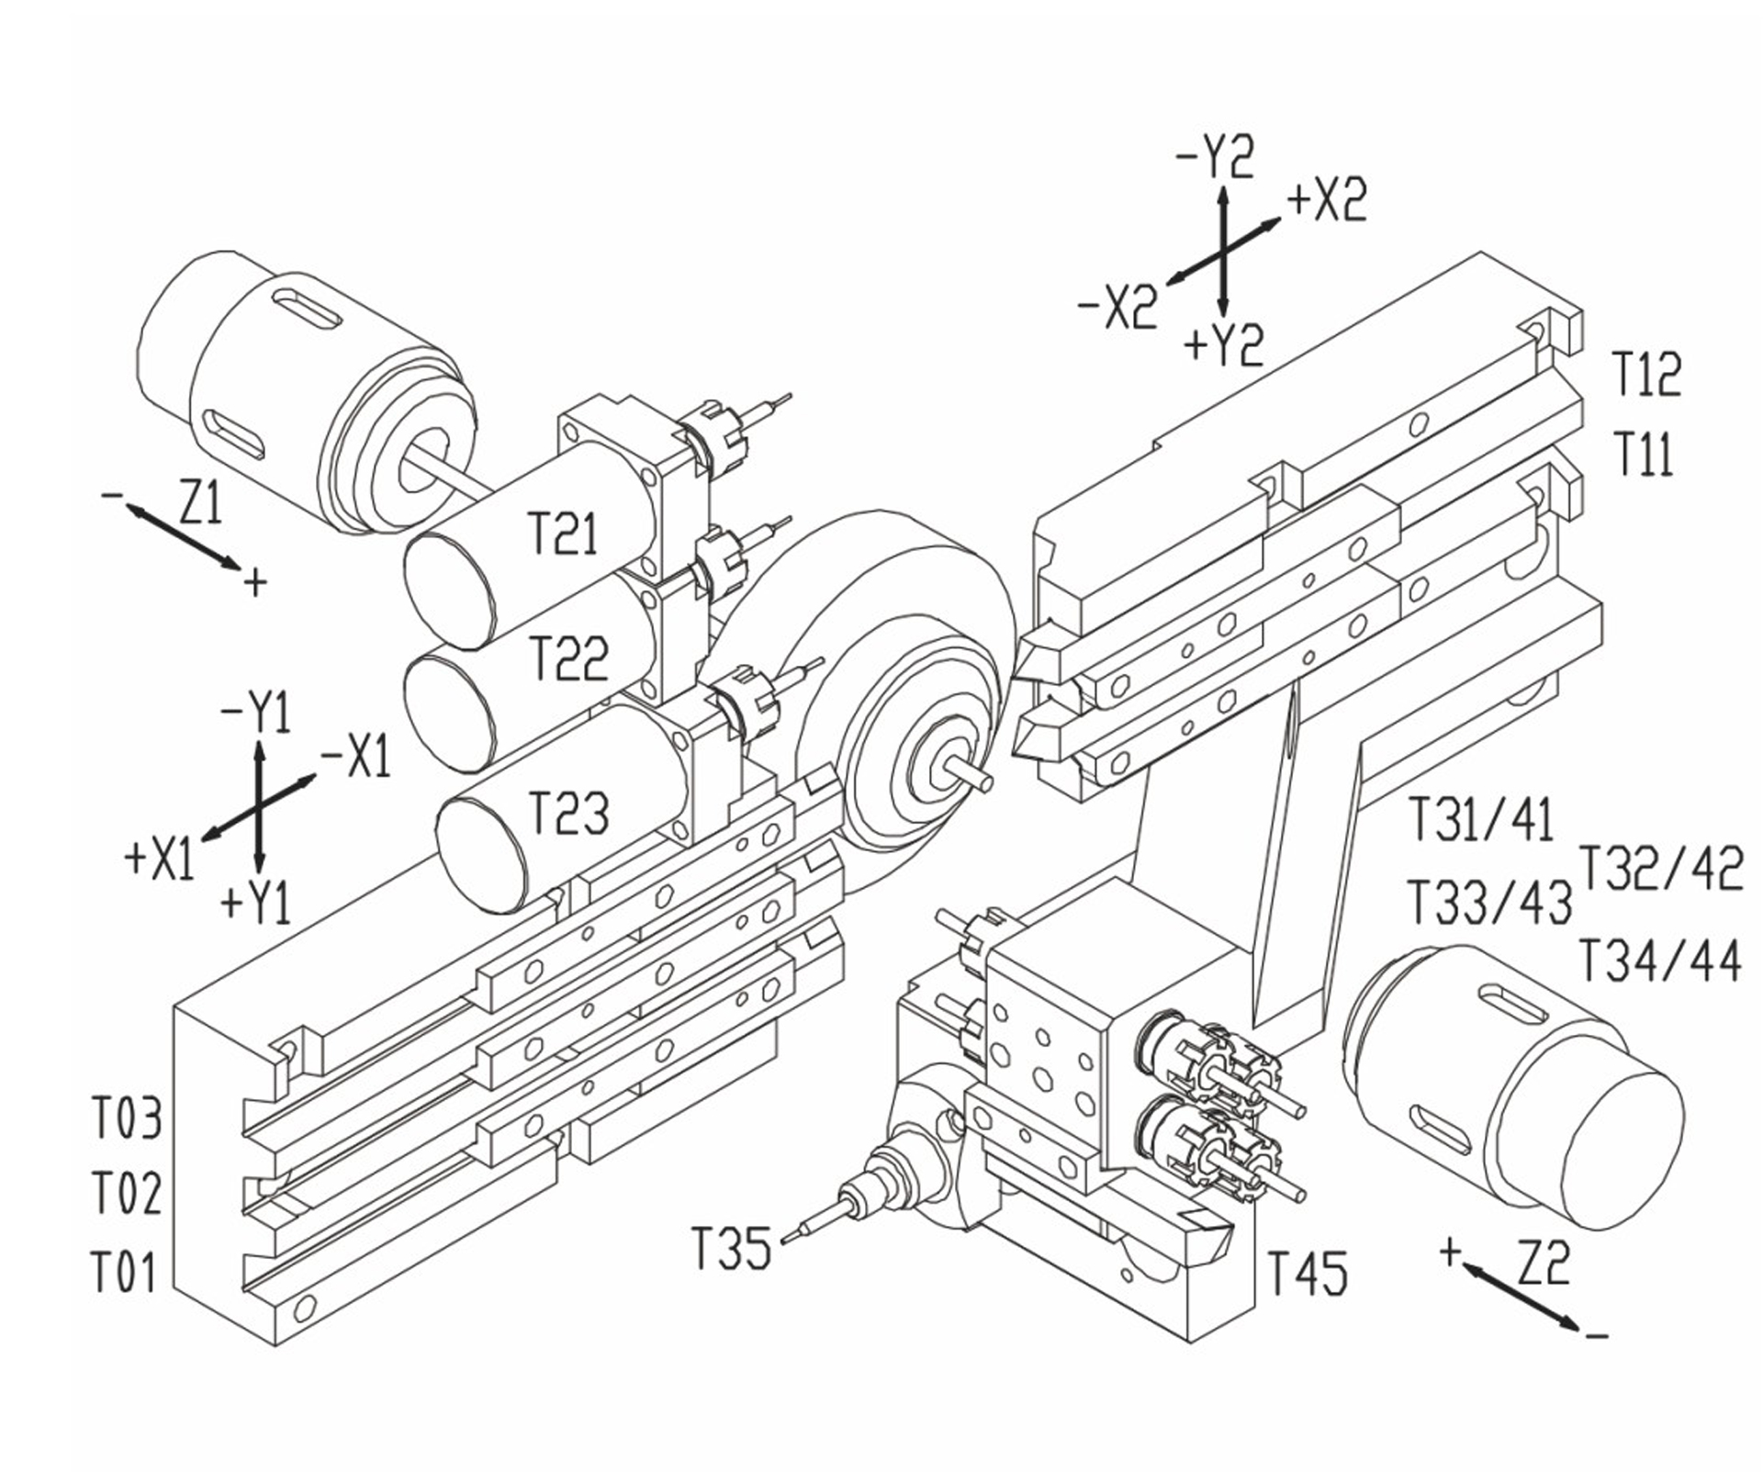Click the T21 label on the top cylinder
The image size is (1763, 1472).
pyautogui.click(x=563, y=534)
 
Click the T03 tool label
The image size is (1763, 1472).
pyautogui.click(x=127, y=1118)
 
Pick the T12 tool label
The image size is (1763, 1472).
pyautogui.click(x=1646, y=374)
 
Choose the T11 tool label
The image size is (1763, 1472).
pyautogui.click(x=1644, y=454)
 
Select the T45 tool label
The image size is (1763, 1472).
pyautogui.click(x=1308, y=1273)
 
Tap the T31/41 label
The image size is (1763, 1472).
pyautogui.click(x=1481, y=820)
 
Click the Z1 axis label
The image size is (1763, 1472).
pyautogui.click(x=200, y=503)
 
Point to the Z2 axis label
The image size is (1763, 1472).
pyautogui.click(x=1543, y=1264)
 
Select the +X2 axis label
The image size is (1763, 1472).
pyautogui.click(x=1327, y=200)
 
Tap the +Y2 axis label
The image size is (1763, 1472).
pyautogui.click(x=1223, y=345)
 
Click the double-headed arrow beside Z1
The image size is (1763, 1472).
pyautogui.click(x=182, y=536)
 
